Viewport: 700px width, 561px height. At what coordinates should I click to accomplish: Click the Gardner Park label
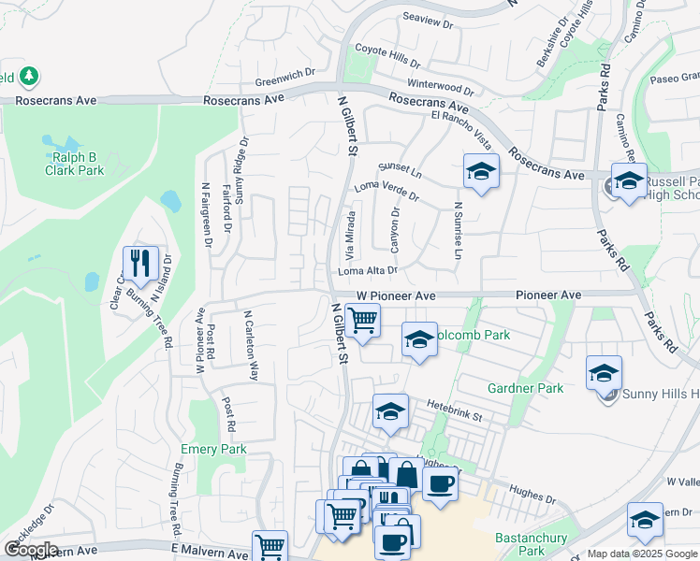click(x=525, y=387)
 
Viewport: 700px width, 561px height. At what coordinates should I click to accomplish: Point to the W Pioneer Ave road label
click(x=396, y=295)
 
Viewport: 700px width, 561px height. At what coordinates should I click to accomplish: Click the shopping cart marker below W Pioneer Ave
click(x=361, y=321)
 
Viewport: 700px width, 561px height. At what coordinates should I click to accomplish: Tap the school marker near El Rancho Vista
click(x=481, y=172)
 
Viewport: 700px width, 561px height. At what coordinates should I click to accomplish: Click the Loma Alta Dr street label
click(x=368, y=270)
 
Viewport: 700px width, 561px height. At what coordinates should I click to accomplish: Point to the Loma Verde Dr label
click(x=387, y=192)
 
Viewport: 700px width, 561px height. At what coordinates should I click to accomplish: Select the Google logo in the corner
click(x=31, y=550)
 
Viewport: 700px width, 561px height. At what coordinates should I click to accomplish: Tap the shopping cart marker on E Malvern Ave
click(x=270, y=546)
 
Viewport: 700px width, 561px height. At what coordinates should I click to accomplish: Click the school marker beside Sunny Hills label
click(x=604, y=373)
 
